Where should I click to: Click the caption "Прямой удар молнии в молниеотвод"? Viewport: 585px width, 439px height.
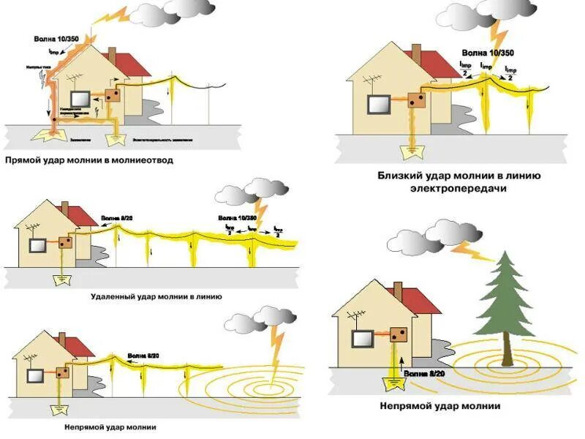[x=88, y=159]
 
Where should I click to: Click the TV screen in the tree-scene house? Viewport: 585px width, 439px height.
[x=363, y=339]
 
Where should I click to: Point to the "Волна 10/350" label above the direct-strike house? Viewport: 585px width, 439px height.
[x=55, y=38]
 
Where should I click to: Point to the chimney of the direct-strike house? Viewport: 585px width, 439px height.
[x=112, y=56]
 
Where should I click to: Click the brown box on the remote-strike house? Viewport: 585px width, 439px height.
[x=66, y=242]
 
